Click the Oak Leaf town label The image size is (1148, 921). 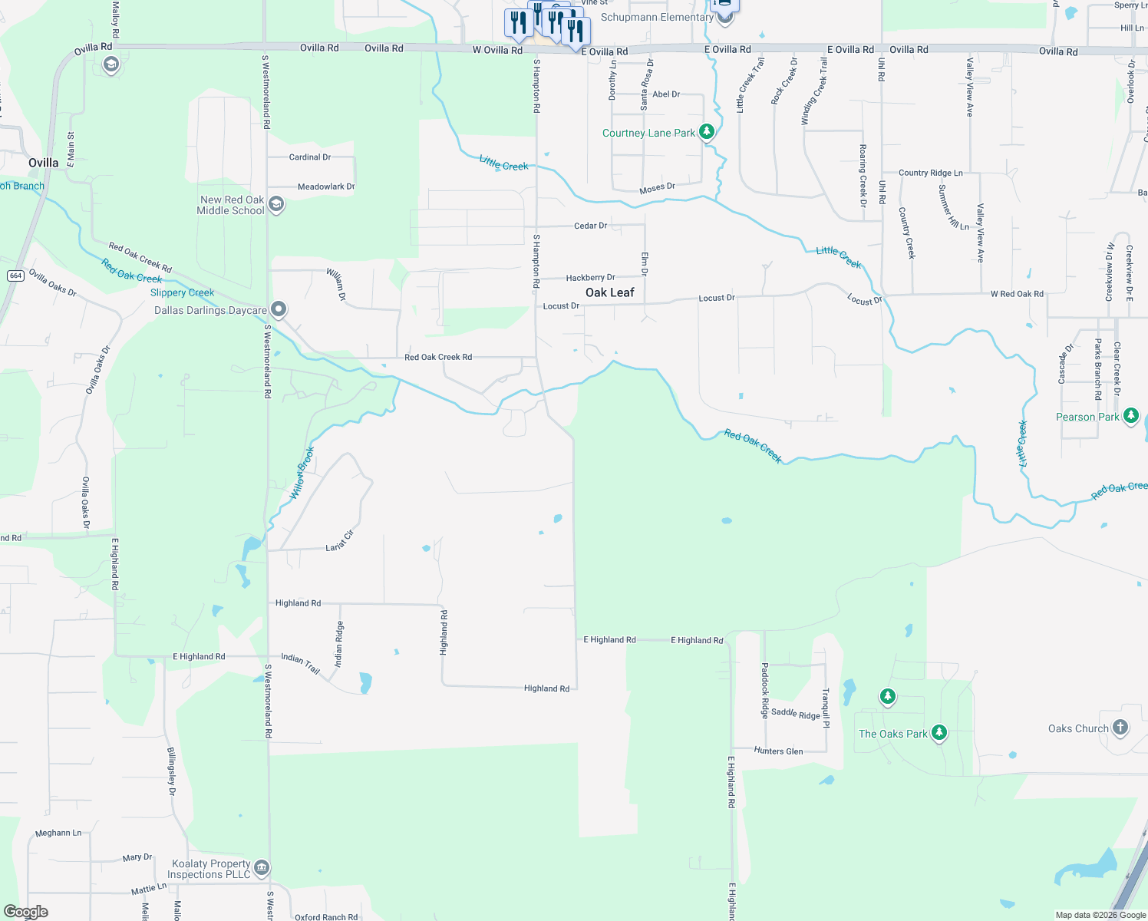pyautogui.click(x=610, y=292)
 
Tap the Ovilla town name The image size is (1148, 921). pyautogui.click(x=44, y=163)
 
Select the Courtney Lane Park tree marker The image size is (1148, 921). pyautogui.click(x=707, y=132)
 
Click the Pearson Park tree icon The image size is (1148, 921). pyautogui.click(x=1130, y=416)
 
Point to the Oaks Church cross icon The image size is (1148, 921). pyautogui.click(x=1120, y=728)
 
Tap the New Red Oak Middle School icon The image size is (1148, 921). pyautogui.click(x=276, y=204)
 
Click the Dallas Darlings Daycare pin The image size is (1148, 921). pyautogui.click(x=279, y=309)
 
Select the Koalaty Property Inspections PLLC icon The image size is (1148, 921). pyautogui.click(x=261, y=868)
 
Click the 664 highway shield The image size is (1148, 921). pyautogui.click(x=15, y=276)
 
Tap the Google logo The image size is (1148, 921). pyautogui.click(x=26, y=912)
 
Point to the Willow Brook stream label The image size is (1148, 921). pyautogui.click(x=302, y=474)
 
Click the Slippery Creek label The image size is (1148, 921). pyautogui.click(x=182, y=292)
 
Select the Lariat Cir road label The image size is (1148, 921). pyautogui.click(x=339, y=540)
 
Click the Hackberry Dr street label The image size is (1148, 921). pyautogui.click(x=590, y=278)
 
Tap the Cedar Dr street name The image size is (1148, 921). pyautogui.click(x=590, y=226)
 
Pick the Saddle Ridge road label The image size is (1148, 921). pyautogui.click(x=795, y=713)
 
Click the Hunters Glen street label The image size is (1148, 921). pyautogui.click(x=778, y=751)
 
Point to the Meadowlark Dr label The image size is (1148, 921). pyautogui.click(x=326, y=187)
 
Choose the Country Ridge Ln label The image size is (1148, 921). pyautogui.click(x=930, y=173)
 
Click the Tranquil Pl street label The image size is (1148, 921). pyautogui.click(x=826, y=708)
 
